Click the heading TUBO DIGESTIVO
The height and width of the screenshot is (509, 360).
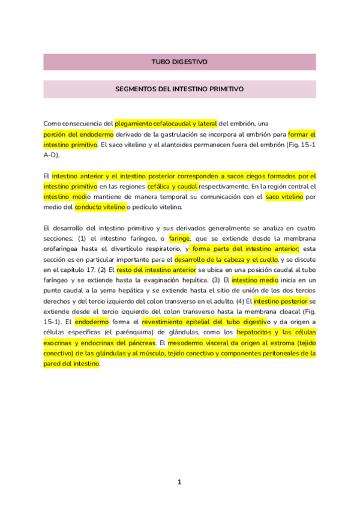click(179, 62)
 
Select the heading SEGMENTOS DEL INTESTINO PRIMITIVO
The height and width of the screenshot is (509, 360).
click(179, 88)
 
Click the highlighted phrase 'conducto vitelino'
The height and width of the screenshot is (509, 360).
click(100, 207)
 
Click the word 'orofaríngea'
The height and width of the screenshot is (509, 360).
click(64, 248)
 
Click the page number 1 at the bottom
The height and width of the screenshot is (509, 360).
click(179, 482)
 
